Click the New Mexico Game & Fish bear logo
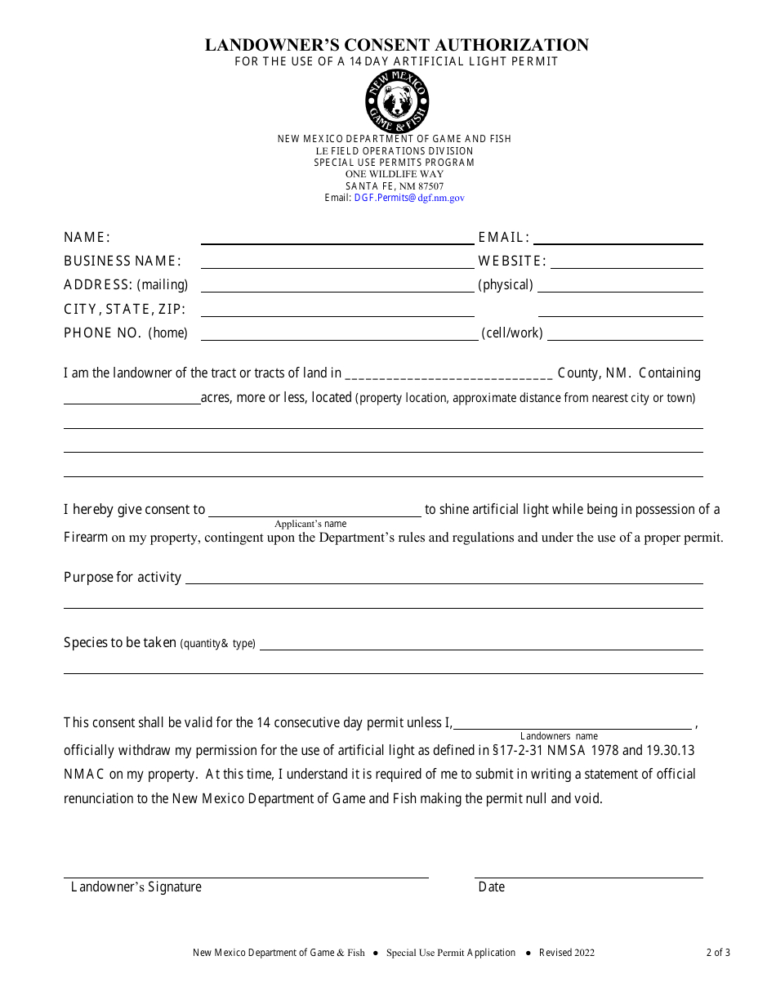pos(397,101)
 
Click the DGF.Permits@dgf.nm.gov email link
pos(409,198)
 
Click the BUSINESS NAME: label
pos(123,261)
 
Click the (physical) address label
pos(506,285)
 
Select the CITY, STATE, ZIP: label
pos(125,310)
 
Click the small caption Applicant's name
pos(310,524)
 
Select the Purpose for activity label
pos(123,578)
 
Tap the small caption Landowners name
pos(559,736)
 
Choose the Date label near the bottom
pos(492,887)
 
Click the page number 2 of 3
pos(718,953)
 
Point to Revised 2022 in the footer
pos(567,953)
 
